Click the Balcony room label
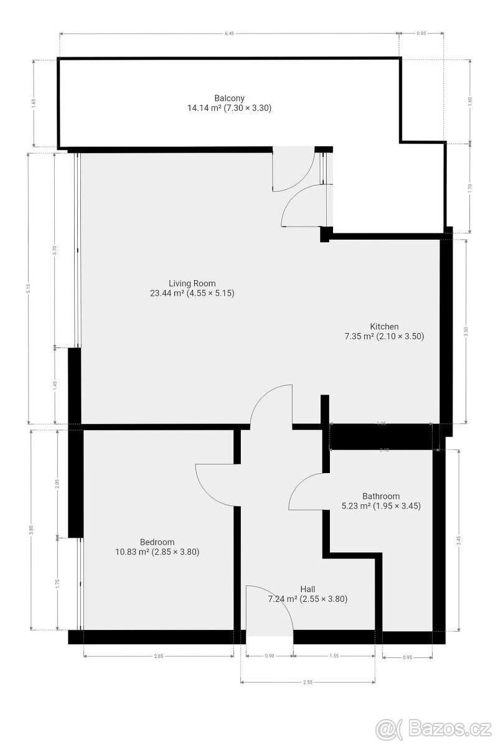(229, 98)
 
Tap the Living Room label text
(192, 283)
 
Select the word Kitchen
(384, 326)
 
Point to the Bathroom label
(381, 496)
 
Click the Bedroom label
(157, 542)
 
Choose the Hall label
(308, 589)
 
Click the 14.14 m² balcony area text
(229, 108)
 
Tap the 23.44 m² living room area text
(192, 293)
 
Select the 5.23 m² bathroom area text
(381, 506)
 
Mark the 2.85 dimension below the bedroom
(158, 656)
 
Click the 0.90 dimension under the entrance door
(269, 656)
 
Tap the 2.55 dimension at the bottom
(308, 683)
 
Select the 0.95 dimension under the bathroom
(407, 656)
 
